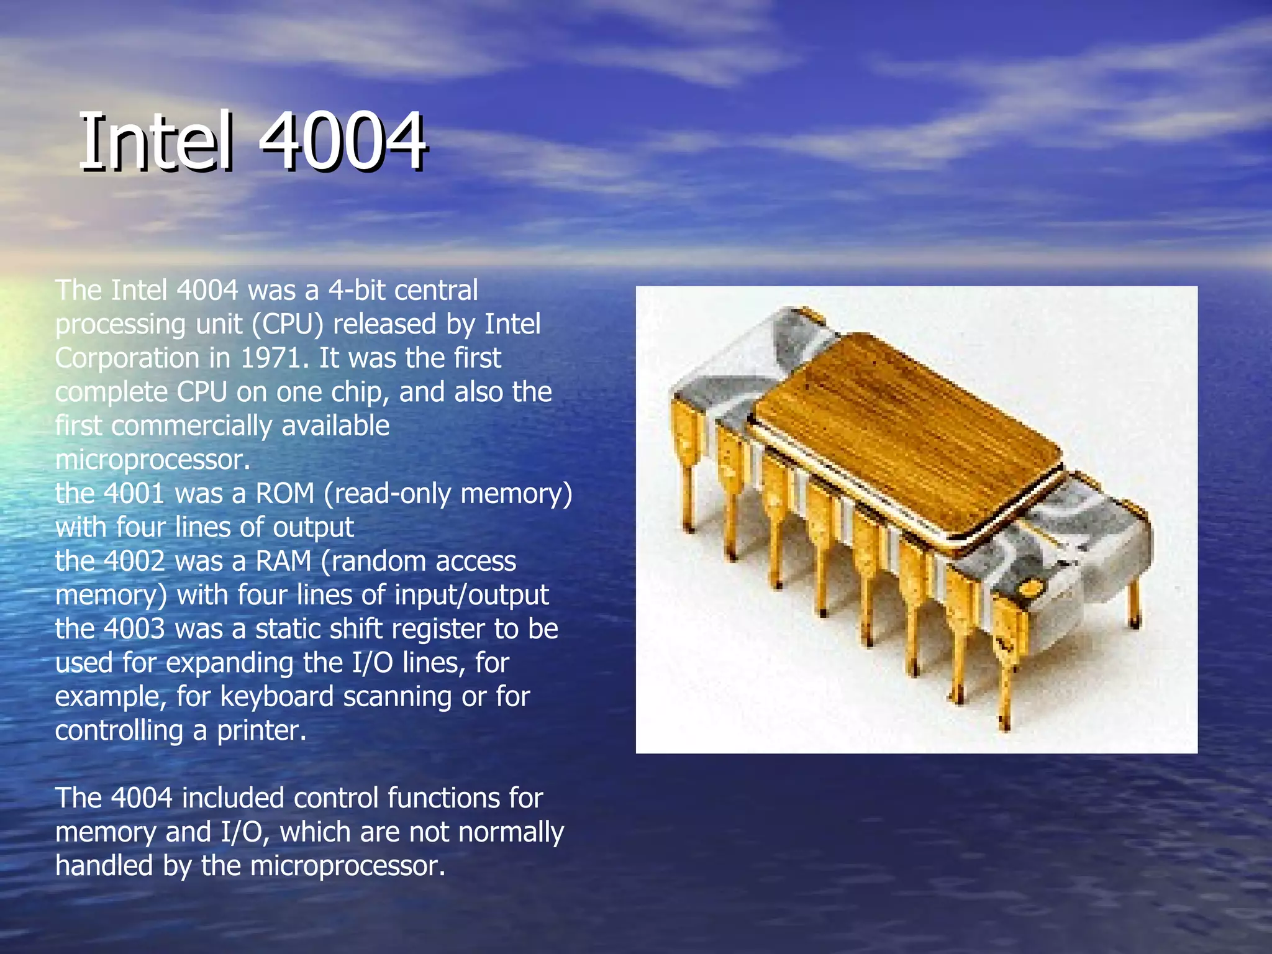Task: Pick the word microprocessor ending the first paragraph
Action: click(x=152, y=460)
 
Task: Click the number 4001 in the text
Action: click(x=134, y=494)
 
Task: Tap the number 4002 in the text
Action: click(x=134, y=561)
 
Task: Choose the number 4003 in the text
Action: click(x=134, y=629)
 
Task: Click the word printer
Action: click(x=261, y=731)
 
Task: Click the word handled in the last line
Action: click(x=104, y=866)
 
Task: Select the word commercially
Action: click(x=191, y=426)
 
